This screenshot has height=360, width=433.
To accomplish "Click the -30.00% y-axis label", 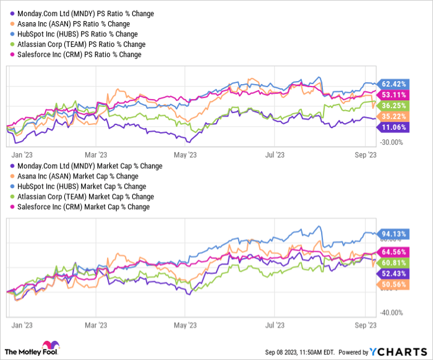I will (390, 142).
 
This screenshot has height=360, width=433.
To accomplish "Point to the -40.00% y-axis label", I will (390, 312).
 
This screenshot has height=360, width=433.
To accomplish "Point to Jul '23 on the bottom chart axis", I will (275, 324).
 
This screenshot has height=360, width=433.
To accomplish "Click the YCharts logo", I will (400, 351).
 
